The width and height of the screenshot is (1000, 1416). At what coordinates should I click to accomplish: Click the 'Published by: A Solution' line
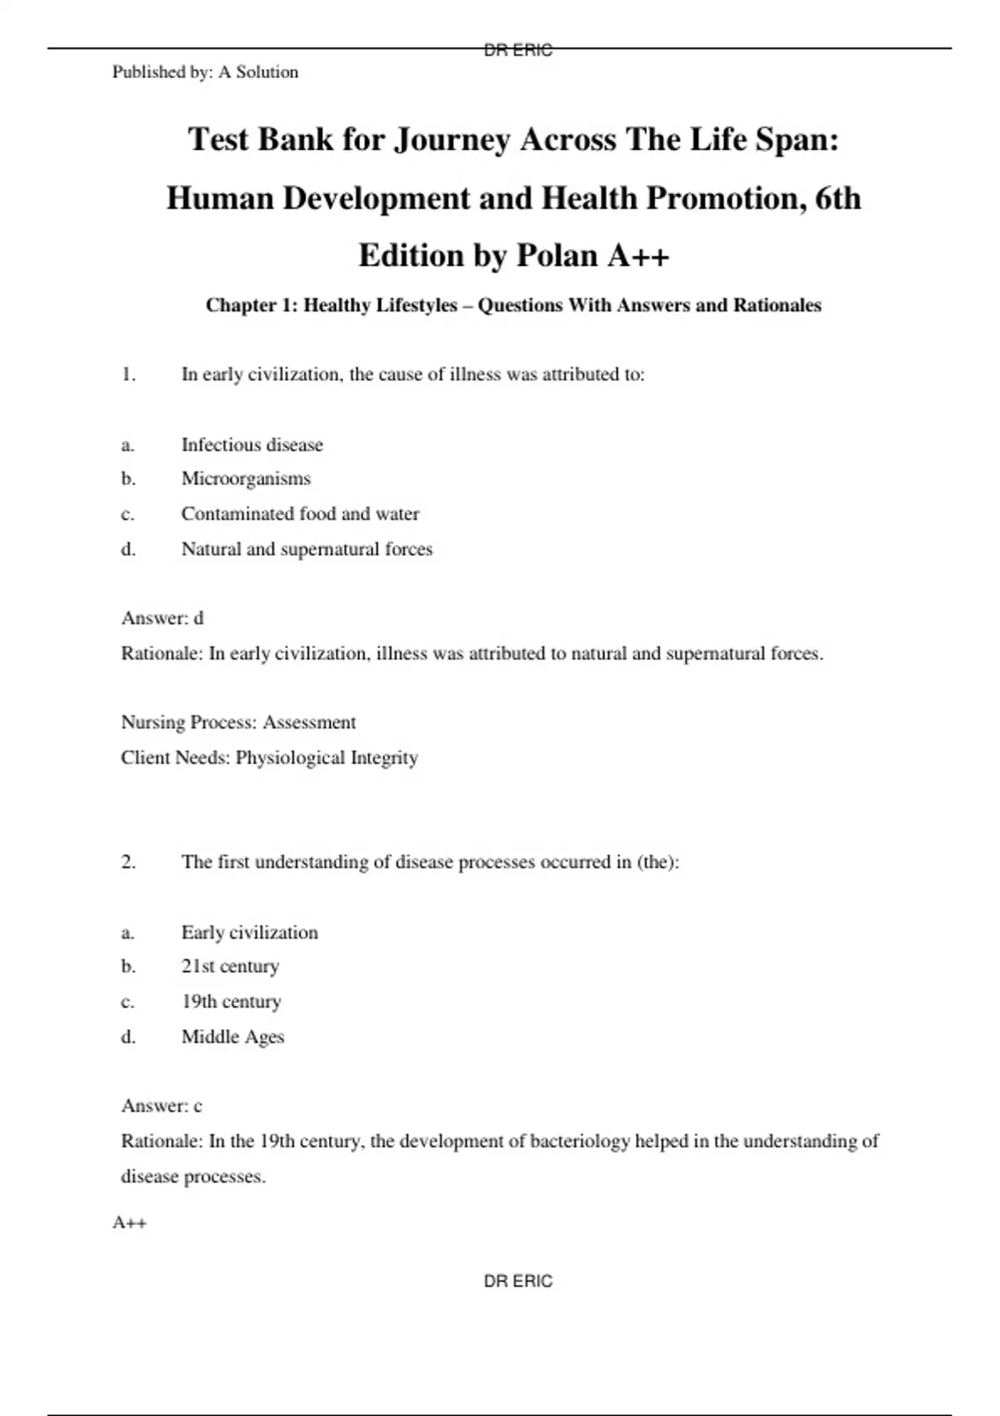pos(205,72)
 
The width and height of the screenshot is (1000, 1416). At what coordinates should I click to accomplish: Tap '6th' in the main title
pos(837,198)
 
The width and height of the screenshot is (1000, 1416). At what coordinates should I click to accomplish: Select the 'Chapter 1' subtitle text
pos(513,306)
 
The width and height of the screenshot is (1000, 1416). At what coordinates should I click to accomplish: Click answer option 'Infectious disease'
pos(252,445)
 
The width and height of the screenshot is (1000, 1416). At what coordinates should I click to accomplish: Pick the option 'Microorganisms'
pos(246,479)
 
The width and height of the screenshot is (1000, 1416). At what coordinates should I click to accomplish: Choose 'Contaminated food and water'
pos(300,514)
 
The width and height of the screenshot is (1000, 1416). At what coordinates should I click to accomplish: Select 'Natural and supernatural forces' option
pos(307,549)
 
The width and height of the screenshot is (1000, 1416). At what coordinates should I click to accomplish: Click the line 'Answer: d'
pos(162,618)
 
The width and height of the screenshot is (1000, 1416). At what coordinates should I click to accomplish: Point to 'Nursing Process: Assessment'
pos(238,722)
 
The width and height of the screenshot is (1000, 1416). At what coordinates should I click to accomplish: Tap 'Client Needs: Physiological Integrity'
pos(269,758)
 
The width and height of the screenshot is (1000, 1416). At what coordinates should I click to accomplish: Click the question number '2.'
pos(128,862)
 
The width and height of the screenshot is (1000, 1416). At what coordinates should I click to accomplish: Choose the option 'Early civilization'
pos(249,932)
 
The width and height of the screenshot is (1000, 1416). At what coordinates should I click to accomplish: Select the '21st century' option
pos(230,966)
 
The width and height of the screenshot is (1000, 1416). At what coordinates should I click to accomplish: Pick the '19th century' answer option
pos(231,1001)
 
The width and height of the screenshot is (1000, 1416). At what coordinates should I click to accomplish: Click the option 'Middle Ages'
pos(232,1037)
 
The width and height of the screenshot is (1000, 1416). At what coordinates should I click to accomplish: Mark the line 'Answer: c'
pos(162,1106)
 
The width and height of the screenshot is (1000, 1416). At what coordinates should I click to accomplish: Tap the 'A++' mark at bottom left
pos(129,1223)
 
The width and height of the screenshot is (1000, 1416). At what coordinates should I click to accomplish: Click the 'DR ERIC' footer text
pos(517,1281)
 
